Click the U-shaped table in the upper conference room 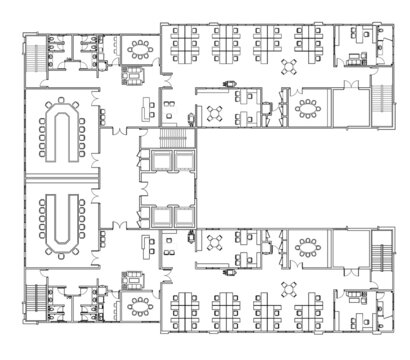(56, 131)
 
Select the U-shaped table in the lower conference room (56, 223)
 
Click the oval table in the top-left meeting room (139, 48)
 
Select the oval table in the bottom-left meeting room (139, 302)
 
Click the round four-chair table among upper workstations (289, 67)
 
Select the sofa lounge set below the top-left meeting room (132, 75)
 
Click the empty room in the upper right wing (350, 107)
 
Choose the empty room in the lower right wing (350, 246)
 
